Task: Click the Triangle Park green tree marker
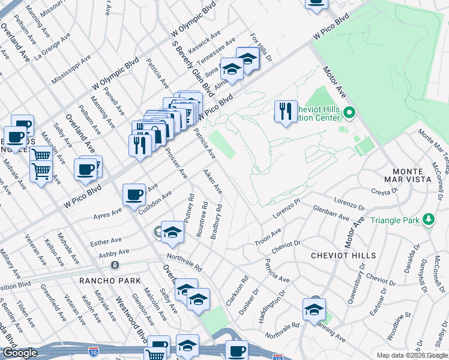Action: point(428,220)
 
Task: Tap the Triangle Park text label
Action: point(395,220)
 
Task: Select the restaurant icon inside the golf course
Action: point(286,111)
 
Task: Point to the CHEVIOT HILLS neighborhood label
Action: point(343,256)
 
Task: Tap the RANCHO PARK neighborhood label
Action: point(110,281)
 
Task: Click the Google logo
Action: point(20,353)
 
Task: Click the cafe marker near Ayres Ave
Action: point(134,194)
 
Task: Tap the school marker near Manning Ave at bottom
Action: point(314,309)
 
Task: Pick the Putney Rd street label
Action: point(191,206)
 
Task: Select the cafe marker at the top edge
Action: point(316,3)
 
